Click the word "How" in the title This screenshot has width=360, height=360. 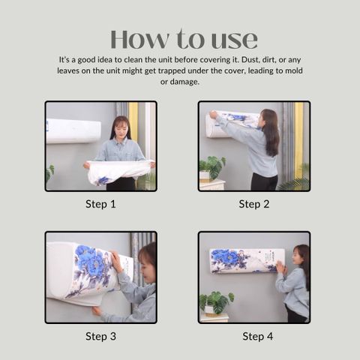139,40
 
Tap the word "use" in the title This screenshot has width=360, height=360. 235,40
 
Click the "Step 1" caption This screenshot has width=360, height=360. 100,204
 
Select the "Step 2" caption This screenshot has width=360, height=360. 254,204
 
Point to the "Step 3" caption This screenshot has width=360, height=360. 100,336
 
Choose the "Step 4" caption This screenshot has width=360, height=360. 257,336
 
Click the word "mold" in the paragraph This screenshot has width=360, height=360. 294,70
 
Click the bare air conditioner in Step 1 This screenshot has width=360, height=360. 73,131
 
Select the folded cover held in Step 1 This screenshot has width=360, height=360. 118,171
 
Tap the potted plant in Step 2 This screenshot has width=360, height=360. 212,167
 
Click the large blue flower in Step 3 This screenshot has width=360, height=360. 91,261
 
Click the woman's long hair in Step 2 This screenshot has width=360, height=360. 271,132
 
